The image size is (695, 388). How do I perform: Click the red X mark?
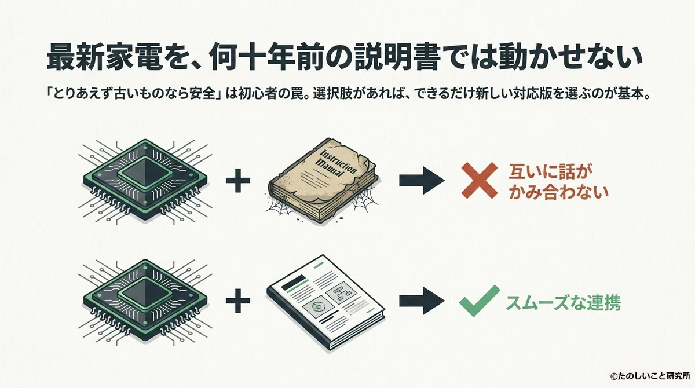pos(480,181)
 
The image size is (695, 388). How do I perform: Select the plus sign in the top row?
pos(238,181)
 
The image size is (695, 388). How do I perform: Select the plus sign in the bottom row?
pos(238,301)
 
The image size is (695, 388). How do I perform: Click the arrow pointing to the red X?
pos(422,181)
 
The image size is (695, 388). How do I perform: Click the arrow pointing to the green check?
pos(422,301)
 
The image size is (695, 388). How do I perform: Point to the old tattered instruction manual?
pos(323,181)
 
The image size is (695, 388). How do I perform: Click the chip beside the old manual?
pos(145,181)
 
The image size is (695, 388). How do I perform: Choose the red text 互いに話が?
pos(548,172)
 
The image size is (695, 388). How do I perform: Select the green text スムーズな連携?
pos(563,303)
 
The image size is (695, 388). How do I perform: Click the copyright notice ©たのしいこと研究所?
pos(650,376)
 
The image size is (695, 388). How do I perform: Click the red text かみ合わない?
pos(558,192)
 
